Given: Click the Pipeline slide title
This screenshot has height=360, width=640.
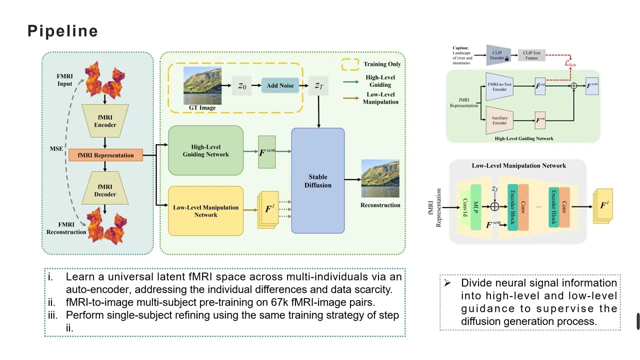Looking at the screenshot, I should click(x=62, y=31).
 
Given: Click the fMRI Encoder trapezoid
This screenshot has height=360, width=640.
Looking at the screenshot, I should click(x=105, y=121).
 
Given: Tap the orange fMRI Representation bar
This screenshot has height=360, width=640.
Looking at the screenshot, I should click(x=105, y=155).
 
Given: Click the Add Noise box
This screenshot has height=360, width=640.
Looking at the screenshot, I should click(x=280, y=85).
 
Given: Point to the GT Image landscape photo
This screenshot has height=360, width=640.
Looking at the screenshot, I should click(x=202, y=85).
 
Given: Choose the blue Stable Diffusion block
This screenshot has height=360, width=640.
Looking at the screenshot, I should click(x=318, y=180).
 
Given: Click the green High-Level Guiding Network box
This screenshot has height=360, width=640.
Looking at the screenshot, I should click(x=205, y=150).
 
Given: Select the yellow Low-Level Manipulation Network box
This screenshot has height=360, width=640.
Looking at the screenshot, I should click(x=205, y=211).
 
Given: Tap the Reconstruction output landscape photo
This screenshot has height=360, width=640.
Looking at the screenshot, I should click(x=380, y=179).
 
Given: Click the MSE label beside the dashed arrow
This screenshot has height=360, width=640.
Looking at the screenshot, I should click(x=56, y=148).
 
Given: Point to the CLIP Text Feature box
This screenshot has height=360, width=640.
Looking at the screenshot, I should click(x=531, y=55).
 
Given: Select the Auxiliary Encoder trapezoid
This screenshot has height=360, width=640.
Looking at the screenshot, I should click(x=499, y=120).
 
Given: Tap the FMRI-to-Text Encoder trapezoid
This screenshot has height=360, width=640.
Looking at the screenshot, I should click(x=499, y=86).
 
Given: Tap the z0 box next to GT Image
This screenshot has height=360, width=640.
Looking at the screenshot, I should click(x=242, y=86).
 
